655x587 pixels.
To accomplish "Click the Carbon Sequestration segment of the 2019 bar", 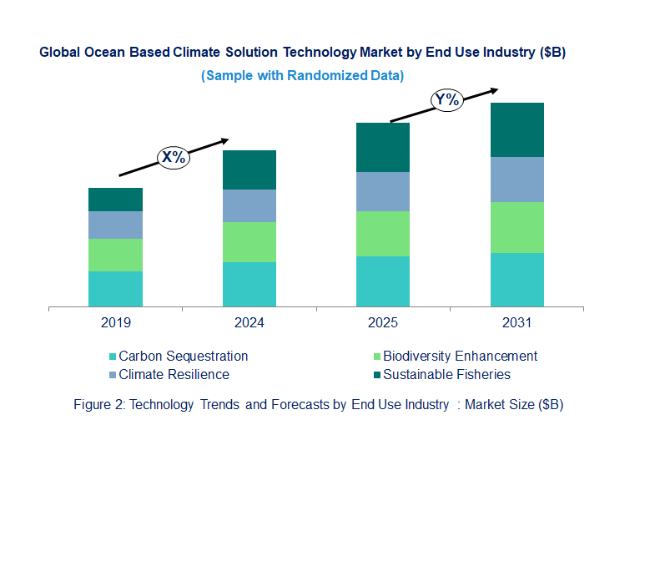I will click(x=115, y=289).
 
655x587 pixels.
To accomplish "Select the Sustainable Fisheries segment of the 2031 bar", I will click(x=516, y=129).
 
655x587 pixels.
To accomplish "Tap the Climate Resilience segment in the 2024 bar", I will click(x=249, y=205).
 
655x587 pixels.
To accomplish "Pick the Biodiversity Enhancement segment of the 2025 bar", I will click(x=383, y=234).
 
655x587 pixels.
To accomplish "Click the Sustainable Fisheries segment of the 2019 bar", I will click(x=115, y=200).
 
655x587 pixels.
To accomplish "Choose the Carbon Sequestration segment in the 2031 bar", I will click(x=516, y=280).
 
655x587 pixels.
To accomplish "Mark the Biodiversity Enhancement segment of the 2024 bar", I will click(x=249, y=242).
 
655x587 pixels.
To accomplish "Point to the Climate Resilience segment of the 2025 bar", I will click(x=383, y=191).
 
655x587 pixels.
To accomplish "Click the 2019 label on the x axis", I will click(x=115, y=322).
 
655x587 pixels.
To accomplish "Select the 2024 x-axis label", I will click(x=249, y=322).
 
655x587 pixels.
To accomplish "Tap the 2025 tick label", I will click(x=383, y=322).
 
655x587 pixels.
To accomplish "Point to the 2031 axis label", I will click(x=516, y=322).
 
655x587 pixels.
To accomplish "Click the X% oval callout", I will click(x=174, y=157).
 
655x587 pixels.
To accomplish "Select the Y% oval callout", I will click(x=447, y=100).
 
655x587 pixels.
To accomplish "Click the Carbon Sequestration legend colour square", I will click(x=112, y=357).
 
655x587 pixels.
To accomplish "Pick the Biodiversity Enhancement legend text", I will click(x=460, y=356).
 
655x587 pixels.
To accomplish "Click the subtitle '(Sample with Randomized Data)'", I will click(x=302, y=76).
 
